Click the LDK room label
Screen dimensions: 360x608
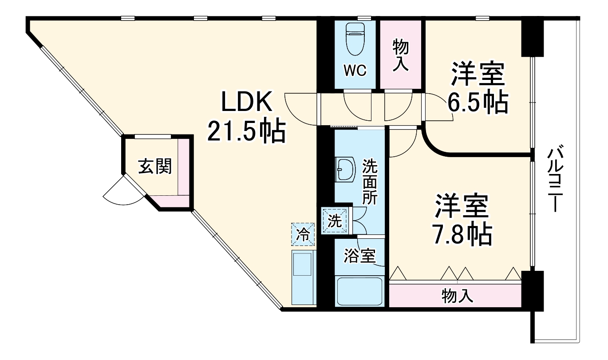(246, 103)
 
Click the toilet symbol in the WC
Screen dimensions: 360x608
(355, 39)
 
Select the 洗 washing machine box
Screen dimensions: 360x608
(335, 221)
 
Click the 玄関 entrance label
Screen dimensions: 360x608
(154, 166)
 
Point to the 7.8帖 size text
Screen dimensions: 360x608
(462, 234)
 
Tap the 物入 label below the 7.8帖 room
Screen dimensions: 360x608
(457, 295)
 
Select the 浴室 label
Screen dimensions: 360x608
(360, 256)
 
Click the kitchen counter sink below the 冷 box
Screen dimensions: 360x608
(303, 277)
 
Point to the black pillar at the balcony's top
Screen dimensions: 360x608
(532, 37)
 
